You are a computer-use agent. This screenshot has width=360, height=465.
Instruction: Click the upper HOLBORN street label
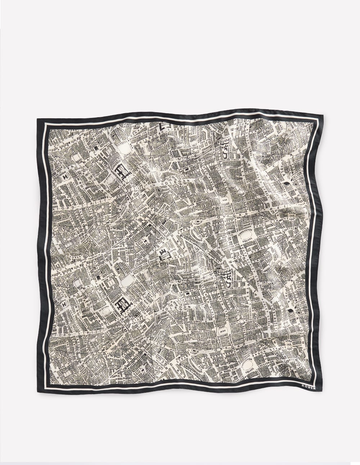[x=177, y=184]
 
